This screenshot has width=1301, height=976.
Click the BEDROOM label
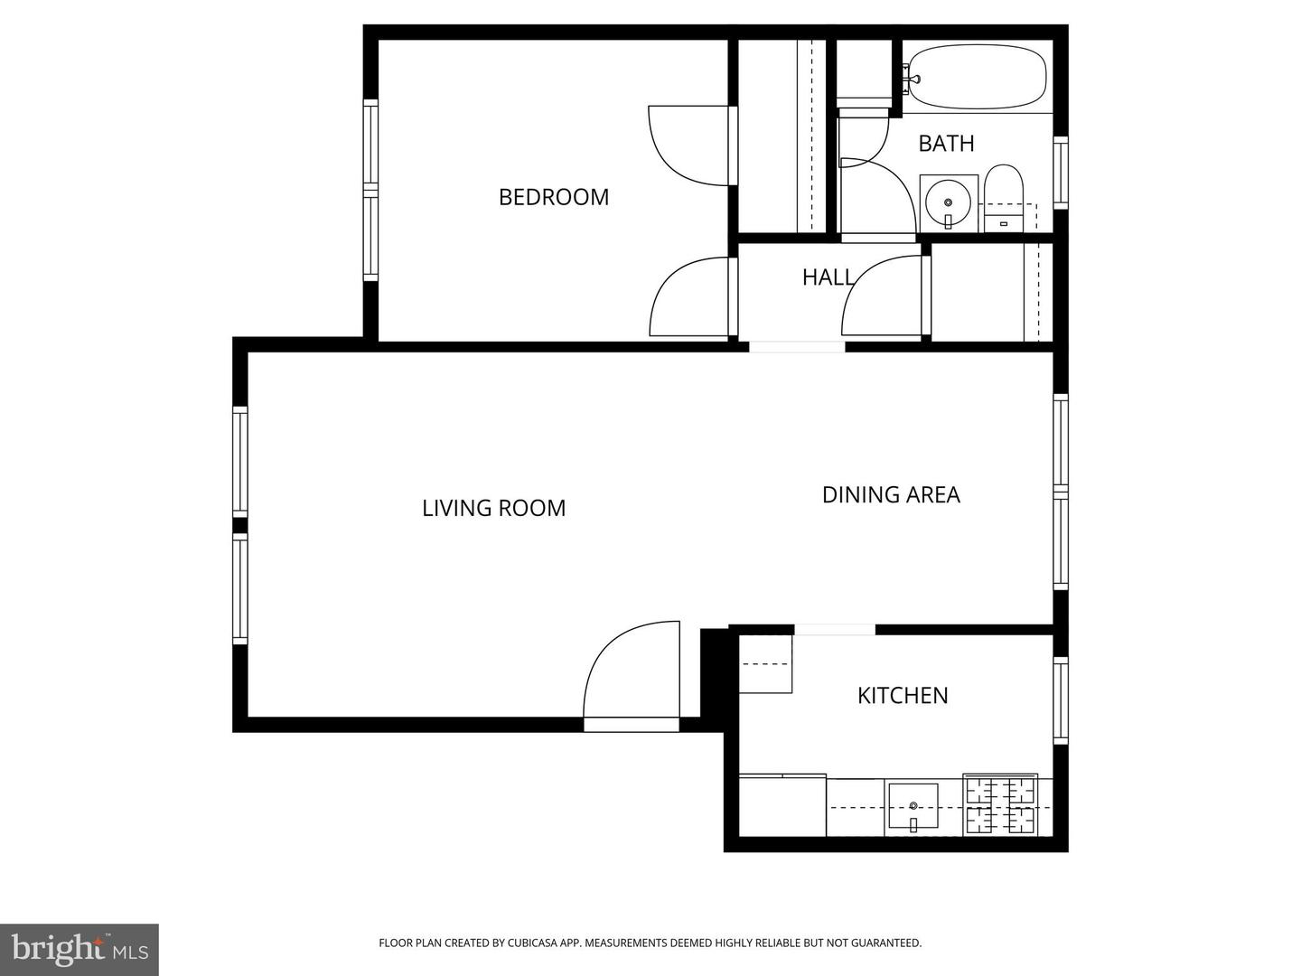(x=554, y=197)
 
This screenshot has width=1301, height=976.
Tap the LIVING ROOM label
(x=493, y=508)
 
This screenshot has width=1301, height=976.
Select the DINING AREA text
(x=891, y=494)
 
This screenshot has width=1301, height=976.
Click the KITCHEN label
(x=903, y=695)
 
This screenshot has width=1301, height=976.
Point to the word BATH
(x=946, y=143)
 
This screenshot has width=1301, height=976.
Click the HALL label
(x=828, y=277)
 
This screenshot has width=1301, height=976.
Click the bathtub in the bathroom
(x=978, y=78)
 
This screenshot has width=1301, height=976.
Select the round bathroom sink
(x=948, y=202)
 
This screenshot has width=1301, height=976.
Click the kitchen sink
(x=913, y=805)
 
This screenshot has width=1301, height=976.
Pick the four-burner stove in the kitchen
(x=1000, y=804)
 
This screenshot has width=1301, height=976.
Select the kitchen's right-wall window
(x=1061, y=700)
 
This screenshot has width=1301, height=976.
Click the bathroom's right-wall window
(x=1061, y=172)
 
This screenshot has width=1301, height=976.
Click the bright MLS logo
(x=80, y=949)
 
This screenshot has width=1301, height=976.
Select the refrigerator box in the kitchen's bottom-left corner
(x=782, y=805)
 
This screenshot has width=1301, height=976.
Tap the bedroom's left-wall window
(x=370, y=190)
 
